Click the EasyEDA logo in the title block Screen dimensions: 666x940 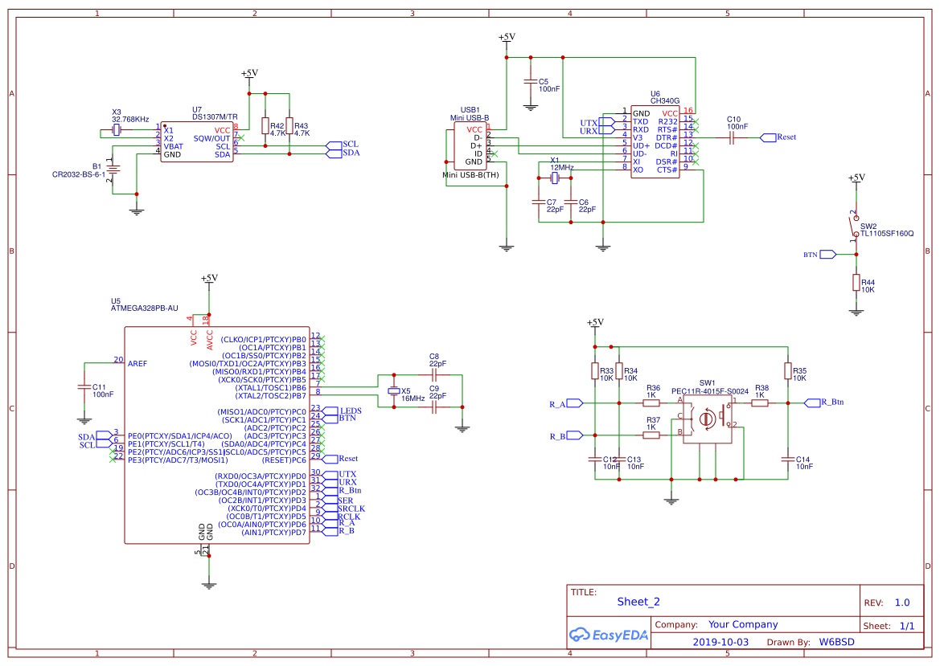[608, 635]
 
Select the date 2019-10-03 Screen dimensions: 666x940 [720, 642]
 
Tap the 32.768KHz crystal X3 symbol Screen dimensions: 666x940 [117, 129]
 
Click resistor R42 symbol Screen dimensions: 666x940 [265, 125]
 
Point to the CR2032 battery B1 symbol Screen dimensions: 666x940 [114, 170]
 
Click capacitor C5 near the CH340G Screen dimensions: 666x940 [530, 82]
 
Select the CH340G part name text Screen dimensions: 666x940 [665, 101]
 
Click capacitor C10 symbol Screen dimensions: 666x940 [732, 137]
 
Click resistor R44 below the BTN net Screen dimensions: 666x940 [856, 283]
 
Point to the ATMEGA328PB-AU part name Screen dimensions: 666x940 [144, 308]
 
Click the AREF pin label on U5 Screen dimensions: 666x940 [138, 364]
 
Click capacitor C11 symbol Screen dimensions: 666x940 [84, 386]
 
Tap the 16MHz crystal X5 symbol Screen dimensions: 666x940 [394, 391]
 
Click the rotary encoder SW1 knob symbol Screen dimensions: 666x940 [707, 419]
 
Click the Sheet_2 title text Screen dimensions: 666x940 [638, 602]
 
